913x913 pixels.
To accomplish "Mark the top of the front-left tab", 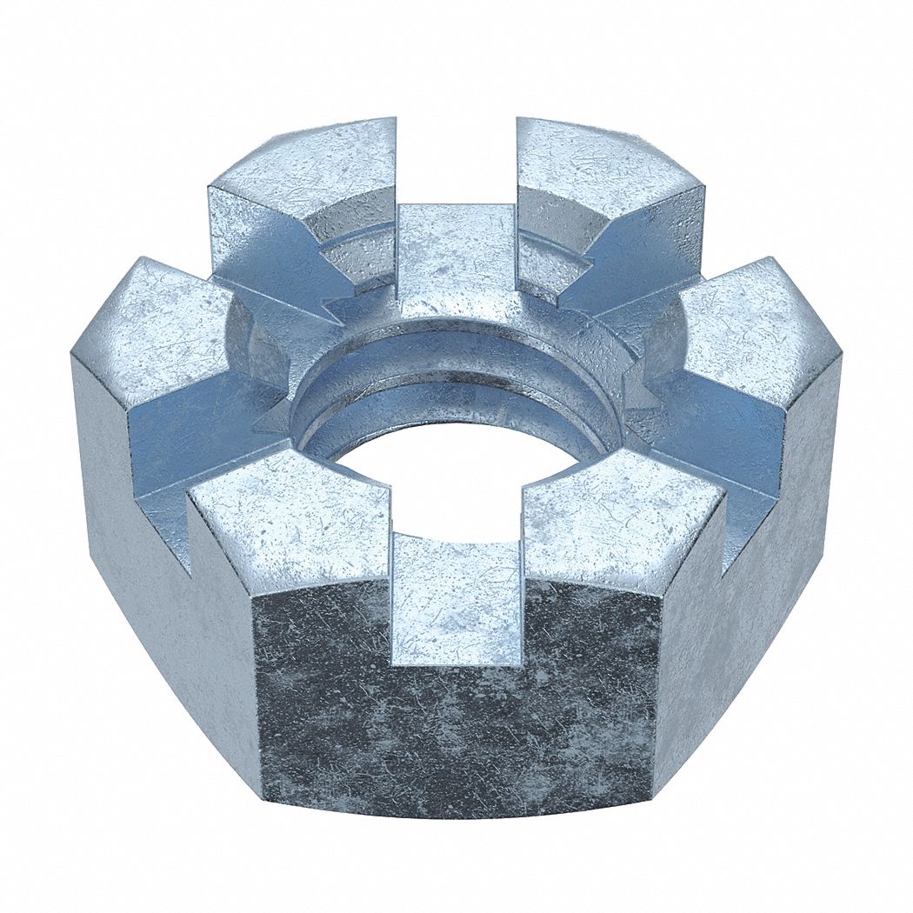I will tap(287, 513).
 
